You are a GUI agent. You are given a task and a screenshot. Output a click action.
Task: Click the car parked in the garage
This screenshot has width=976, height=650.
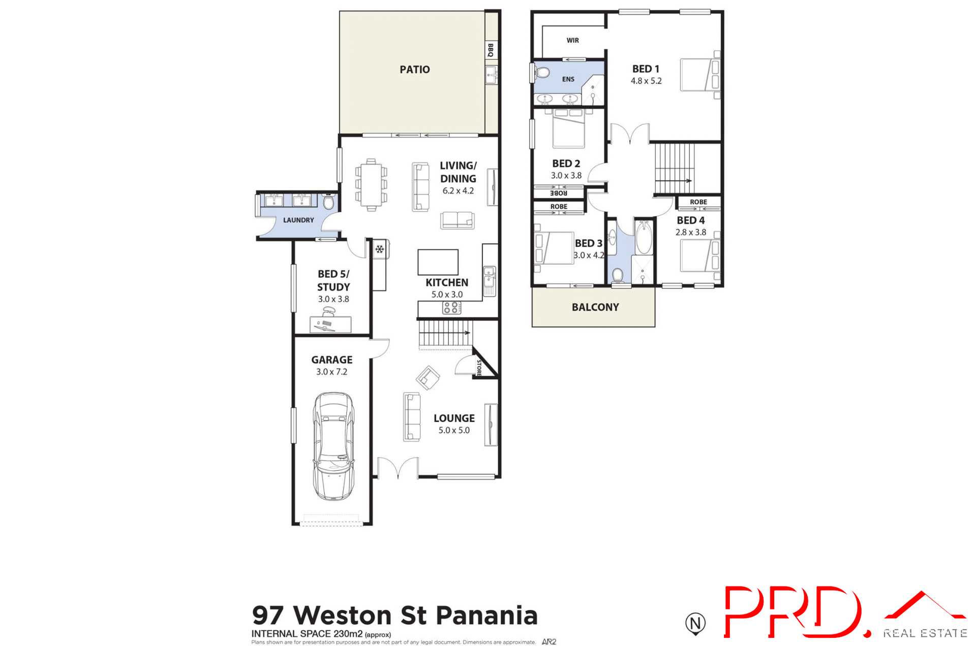[333, 446]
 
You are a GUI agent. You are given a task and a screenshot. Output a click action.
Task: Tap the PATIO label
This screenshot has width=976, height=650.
[414, 70]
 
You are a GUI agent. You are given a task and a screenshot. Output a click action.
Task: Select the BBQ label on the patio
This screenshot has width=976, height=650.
[491, 50]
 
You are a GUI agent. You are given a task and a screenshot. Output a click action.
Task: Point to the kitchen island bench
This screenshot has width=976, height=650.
[438, 262]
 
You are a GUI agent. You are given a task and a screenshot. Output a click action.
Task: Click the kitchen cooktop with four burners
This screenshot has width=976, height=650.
[451, 307]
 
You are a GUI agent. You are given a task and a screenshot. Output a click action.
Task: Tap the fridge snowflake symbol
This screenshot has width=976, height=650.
[380, 249]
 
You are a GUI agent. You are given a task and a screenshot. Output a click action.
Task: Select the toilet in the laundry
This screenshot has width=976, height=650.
[329, 202]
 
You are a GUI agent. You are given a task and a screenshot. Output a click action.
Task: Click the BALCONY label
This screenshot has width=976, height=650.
[595, 307]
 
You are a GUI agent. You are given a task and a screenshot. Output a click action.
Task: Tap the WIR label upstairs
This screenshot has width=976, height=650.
[572, 41]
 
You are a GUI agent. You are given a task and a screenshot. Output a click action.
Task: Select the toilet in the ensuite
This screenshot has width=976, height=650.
[542, 73]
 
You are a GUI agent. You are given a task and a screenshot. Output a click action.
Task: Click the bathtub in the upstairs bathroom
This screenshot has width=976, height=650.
[644, 237]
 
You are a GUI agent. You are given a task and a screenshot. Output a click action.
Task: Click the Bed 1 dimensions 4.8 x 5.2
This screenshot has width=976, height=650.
[646, 81]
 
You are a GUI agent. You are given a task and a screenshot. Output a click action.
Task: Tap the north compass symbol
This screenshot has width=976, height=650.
[695, 623]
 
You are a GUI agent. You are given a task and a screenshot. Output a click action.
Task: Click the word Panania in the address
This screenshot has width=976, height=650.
[486, 615]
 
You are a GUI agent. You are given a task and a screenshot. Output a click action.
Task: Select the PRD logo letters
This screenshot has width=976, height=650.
[793, 612]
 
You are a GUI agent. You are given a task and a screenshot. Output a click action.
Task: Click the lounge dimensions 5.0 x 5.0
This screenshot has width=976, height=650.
[454, 430]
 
